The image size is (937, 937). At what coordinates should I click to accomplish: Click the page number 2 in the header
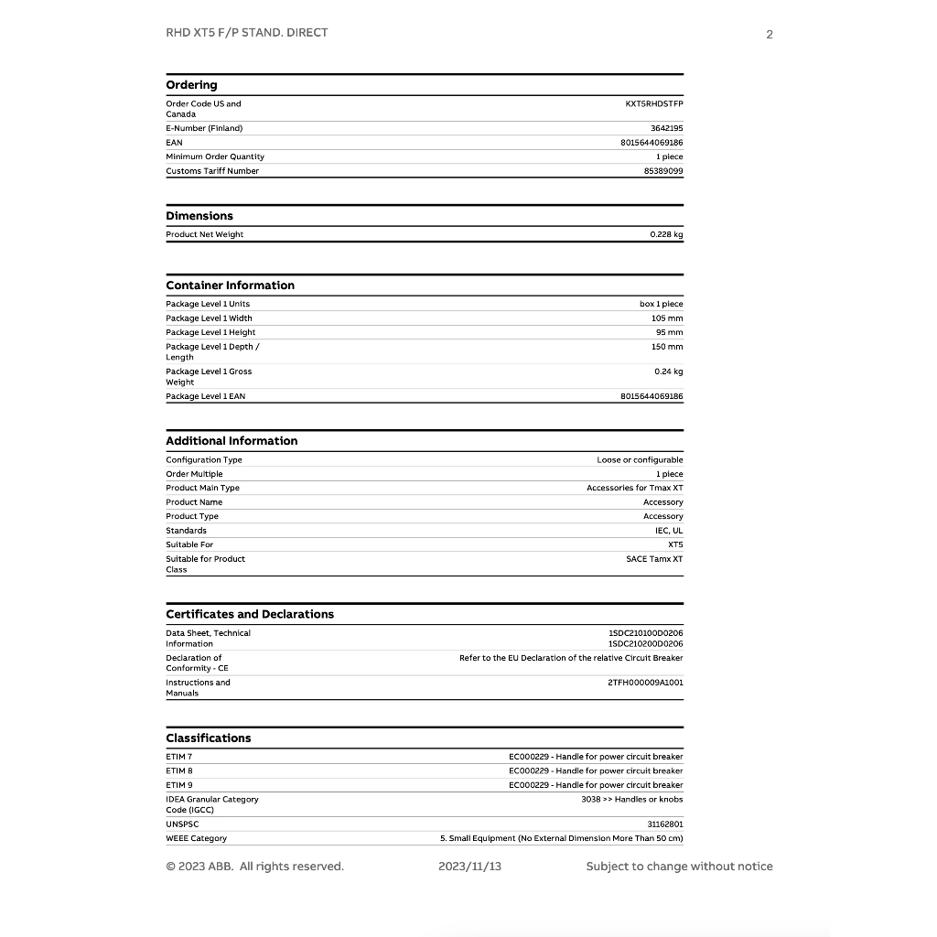click(x=770, y=35)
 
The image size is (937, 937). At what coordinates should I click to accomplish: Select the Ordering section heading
click(x=191, y=85)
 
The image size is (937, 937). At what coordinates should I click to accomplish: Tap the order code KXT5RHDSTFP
click(x=653, y=104)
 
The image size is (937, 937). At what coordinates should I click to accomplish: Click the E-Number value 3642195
click(x=666, y=129)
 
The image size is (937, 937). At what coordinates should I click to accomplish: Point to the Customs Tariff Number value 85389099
click(x=663, y=171)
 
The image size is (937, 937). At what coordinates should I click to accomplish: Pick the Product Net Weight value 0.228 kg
click(x=666, y=235)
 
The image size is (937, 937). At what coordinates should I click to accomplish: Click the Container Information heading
click(x=230, y=285)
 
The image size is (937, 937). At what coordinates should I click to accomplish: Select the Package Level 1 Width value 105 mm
click(x=667, y=318)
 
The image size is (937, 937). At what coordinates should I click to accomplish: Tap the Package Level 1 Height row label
click(x=210, y=332)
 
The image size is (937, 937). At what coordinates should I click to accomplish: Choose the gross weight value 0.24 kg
click(x=668, y=372)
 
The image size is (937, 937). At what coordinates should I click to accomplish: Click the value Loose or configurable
click(x=640, y=460)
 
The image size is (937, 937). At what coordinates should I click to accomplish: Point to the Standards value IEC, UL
click(x=668, y=531)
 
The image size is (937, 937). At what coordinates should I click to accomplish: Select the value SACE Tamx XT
click(x=654, y=559)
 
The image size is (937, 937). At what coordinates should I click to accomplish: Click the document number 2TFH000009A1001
click(x=645, y=683)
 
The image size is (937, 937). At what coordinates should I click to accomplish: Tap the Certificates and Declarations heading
click(x=250, y=614)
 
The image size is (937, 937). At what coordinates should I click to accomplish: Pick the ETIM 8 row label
click(x=179, y=771)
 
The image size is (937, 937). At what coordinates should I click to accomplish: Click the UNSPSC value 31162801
click(x=665, y=824)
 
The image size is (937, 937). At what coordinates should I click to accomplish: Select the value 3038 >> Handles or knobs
click(x=631, y=800)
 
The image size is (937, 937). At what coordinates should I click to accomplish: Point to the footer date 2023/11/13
click(x=469, y=867)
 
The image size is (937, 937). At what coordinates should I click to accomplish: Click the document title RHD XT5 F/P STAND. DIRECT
click(x=246, y=33)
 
